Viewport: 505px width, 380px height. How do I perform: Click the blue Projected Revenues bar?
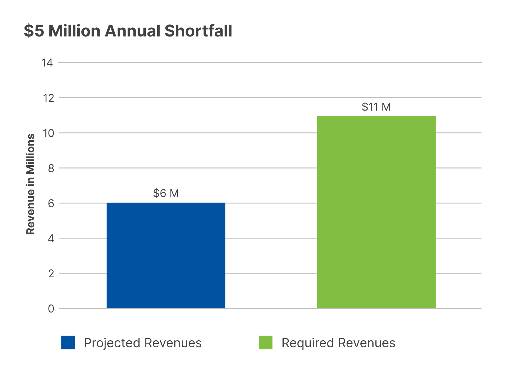[x=166, y=255]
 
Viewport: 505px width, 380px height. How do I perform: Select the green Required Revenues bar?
[x=376, y=212]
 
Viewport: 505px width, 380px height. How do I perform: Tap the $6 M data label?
[x=166, y=193]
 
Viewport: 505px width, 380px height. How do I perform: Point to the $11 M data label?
[x=376, y=107]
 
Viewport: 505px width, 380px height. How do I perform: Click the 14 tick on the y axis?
[x=47, y=63]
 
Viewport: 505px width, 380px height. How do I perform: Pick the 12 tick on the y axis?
[x=49, y=98]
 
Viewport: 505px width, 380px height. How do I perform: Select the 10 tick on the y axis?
[x=49, y=133]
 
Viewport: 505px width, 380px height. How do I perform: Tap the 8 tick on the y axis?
[x=51, y=168]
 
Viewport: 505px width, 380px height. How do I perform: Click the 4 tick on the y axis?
[x=51, y=239]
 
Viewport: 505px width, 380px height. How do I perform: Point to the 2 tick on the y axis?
[x=51, y=274]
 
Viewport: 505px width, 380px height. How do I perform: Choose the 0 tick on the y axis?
[x=51, y=309]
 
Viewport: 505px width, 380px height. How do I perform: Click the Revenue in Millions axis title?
[x=31, y=184]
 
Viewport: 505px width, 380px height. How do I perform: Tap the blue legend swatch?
[x=68, y=342]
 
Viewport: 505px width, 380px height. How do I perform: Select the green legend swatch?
[x=265, y=342]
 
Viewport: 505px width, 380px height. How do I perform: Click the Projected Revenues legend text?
[x=143, y=343]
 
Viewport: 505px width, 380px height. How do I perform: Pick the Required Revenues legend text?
[x=338, y=343]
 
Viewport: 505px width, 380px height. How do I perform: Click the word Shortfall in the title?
[x=198, y=31]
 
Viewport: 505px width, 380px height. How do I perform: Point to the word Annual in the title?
[x=133, y=31]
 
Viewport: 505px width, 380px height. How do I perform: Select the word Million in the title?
[x=74, y=31]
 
